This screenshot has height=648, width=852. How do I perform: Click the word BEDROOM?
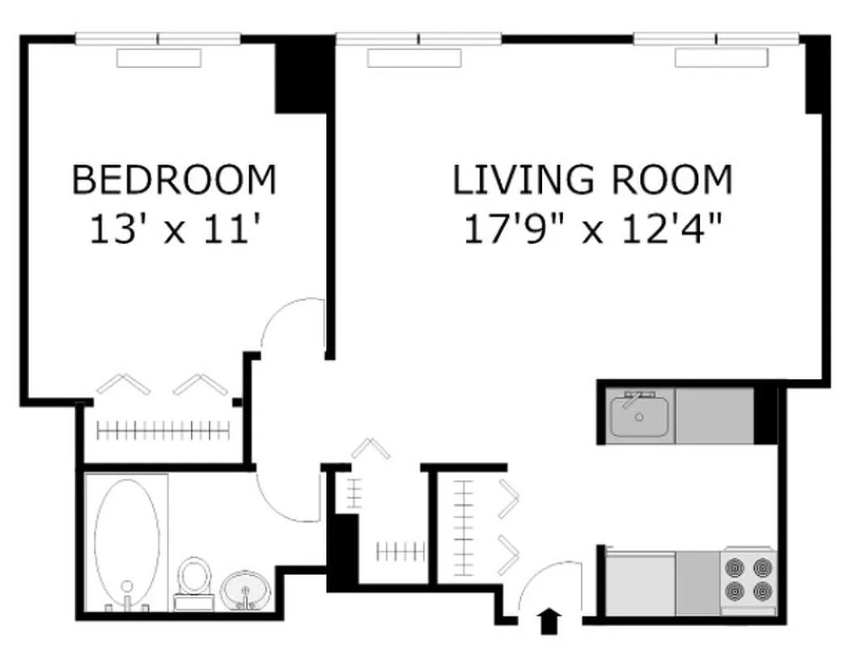[174, 180]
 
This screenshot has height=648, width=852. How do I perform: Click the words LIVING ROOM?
[591, 180]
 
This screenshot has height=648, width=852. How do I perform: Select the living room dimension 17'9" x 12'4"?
[591, 230]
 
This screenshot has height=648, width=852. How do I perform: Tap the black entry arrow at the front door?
[549, 621]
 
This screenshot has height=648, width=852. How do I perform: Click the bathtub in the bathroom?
[127, 541]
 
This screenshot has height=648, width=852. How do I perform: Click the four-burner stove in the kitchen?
[748, 578]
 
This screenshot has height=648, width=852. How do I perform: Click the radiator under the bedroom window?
[159, 58]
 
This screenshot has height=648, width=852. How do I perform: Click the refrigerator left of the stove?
[641, 582]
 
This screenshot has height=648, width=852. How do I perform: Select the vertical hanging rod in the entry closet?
[463, 526]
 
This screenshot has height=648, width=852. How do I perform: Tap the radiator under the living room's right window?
[722, 58]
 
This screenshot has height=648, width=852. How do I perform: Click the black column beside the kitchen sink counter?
[765, 415]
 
